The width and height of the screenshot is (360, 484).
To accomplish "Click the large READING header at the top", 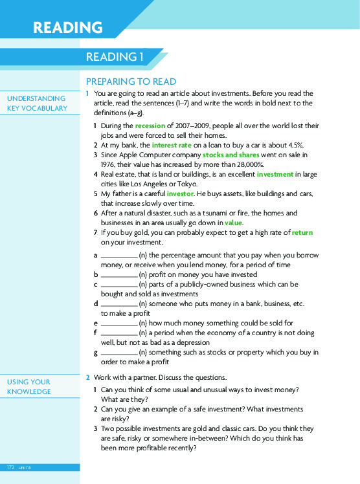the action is [x=68, y=28].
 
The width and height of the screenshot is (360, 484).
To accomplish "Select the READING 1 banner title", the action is [x=114, y=57].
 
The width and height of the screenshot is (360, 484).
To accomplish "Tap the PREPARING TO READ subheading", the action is [x=131, y=82].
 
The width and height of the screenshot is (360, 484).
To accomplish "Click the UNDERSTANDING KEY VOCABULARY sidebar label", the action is [x=37, y=104].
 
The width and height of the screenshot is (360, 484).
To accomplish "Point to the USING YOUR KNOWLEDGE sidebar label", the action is [x=28, y=387].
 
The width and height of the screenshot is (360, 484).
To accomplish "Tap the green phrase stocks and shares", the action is [x=231, y=155].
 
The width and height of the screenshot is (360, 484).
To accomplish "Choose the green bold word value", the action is [x=233, y=223].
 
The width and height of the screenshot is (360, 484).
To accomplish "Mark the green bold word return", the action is [x=302, y=232].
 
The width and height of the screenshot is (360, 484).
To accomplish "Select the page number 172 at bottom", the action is [x=11, y=467].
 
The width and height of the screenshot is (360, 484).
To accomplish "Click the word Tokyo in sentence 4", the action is [x=192, y=184].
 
